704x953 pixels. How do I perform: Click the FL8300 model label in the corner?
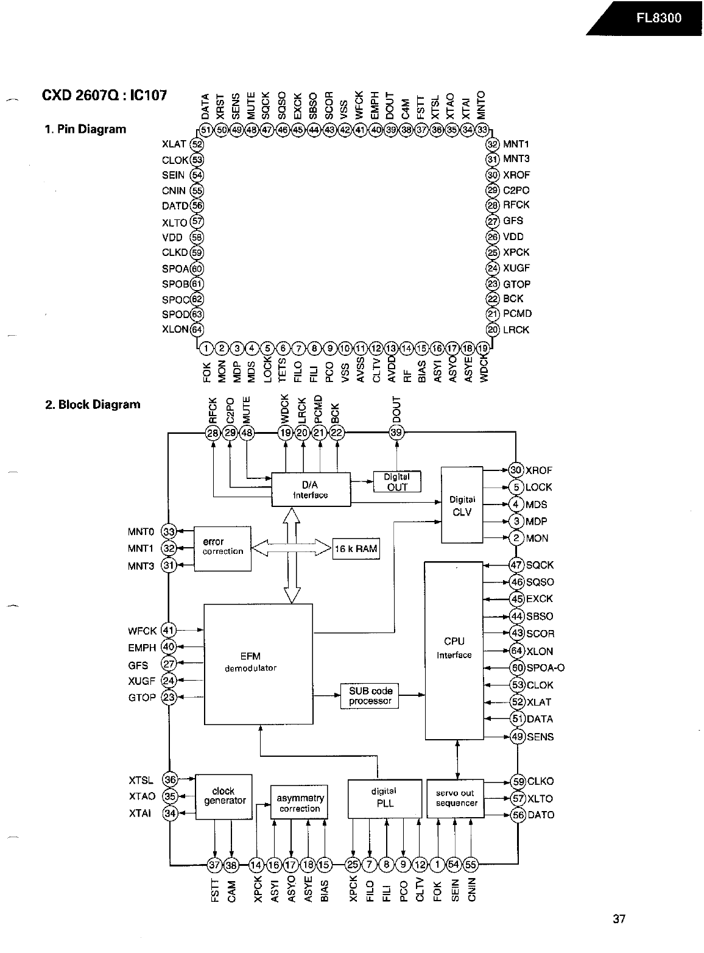[x=659, y=17]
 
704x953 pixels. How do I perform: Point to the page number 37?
[x=619, y=918]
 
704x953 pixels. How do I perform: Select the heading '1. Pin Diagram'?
[x=85, y=129]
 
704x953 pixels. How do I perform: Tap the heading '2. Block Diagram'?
[x=93, y=405]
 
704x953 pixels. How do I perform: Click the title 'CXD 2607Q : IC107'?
[x=104, y=95]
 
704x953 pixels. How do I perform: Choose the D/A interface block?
[x=311, y=489]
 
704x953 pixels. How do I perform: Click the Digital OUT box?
[x=397, y=481]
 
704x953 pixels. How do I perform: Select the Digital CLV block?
[x=462, y=505]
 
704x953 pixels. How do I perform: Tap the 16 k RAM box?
[x=356, y=548]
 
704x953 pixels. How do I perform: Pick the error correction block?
[x=222, y=547]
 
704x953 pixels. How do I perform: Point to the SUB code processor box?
[x=370, y=696]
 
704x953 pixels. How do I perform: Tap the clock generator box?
[x=224, y=796]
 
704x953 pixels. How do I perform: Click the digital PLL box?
[x=384, y=798]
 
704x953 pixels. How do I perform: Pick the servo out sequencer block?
[x=456, y=798]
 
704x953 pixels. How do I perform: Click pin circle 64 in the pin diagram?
[x=197, y=330]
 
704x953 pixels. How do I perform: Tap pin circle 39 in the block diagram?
[x=396, y=433]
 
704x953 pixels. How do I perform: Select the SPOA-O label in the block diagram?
[x=545, y=668]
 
